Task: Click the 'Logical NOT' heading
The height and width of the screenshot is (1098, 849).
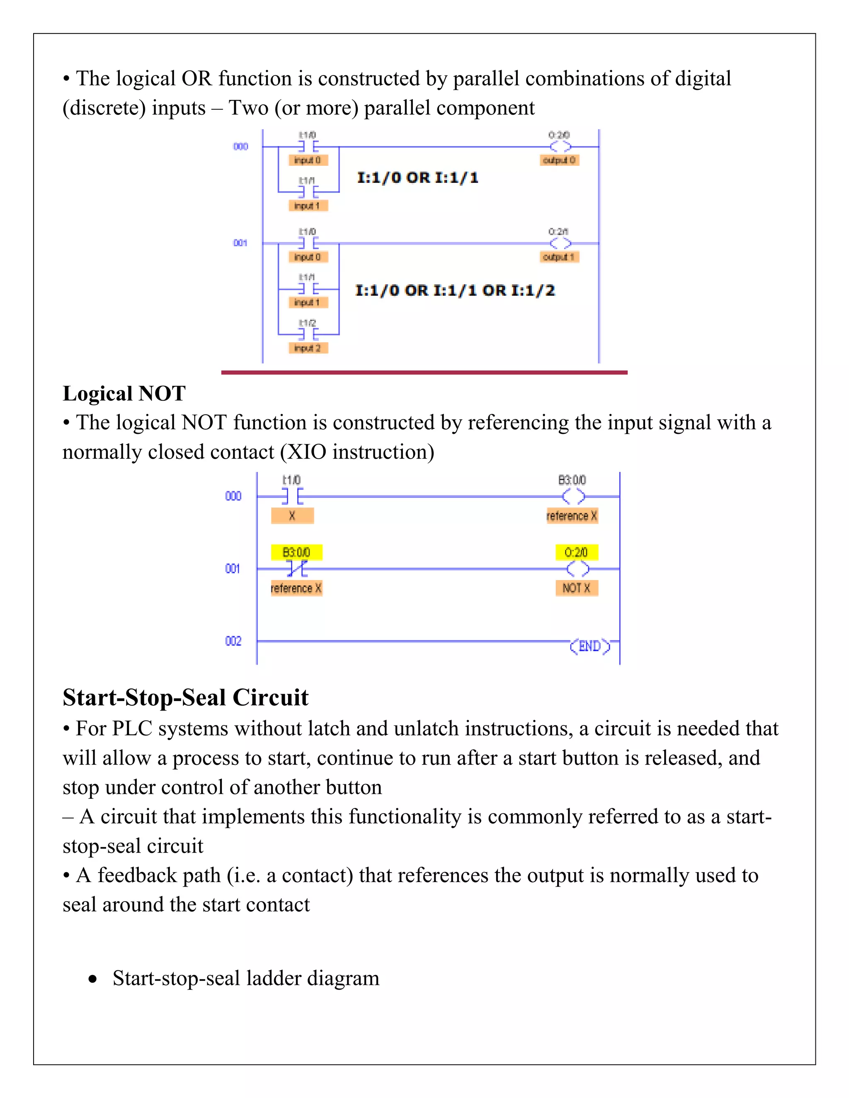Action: [124, 393]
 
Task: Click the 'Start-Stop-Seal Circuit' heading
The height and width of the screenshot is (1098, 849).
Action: [185, 697]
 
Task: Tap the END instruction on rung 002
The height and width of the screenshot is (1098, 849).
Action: [590, 646]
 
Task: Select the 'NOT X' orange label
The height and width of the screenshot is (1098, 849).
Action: [576, 588]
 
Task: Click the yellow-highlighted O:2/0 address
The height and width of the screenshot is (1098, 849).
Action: [576, 552]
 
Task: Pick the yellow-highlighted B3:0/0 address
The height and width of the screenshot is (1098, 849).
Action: [296, 552]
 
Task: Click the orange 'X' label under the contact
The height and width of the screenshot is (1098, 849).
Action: [292, 516]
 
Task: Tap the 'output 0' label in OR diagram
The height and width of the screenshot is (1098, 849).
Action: [559, 160]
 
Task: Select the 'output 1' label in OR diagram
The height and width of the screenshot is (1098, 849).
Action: [559, 257]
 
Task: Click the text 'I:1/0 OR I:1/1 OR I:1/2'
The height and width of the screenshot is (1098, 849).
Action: [455, 290]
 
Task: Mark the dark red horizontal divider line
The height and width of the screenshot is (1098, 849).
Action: [424, 372]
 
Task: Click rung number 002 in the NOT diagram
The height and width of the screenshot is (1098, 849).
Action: [233, 641]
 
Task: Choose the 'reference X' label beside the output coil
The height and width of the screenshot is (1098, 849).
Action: [572, 516]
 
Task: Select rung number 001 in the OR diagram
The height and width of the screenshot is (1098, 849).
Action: [240, 243]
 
